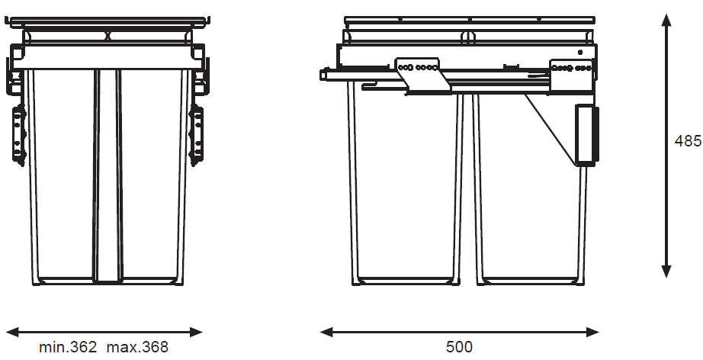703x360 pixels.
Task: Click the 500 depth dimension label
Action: (459, 347)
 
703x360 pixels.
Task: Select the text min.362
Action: (68, 347)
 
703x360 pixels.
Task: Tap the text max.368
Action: (137, 347)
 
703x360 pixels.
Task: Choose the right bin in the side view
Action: (526, 206)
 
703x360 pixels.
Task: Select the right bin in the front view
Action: (152, 175)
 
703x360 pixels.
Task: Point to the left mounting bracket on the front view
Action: (19, 134)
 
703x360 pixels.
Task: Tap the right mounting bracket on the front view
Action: (197, 134)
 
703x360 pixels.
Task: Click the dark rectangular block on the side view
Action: (586, 135)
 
